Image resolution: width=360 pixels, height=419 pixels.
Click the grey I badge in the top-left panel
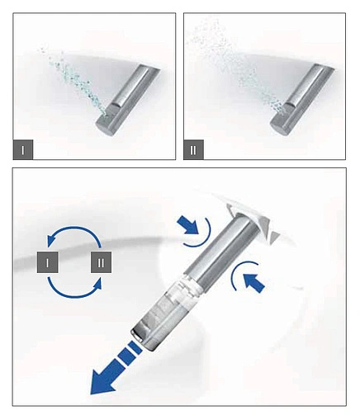coord(23,149)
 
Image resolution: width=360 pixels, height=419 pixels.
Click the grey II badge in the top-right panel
coord(194,149)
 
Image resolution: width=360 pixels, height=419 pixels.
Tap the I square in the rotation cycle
coord(48,262)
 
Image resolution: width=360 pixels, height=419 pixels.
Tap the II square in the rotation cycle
coord(101,262)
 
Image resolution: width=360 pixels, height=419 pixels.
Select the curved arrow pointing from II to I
coord(74,227)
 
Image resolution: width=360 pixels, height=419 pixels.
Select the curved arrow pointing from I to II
coord(74,296)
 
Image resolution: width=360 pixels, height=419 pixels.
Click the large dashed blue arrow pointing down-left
coord(116,369)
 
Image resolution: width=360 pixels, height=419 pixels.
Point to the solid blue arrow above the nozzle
coord(188,224)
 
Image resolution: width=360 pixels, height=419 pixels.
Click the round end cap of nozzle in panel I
coord(106,127)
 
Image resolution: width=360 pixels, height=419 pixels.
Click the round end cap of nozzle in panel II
coord(279,127)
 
